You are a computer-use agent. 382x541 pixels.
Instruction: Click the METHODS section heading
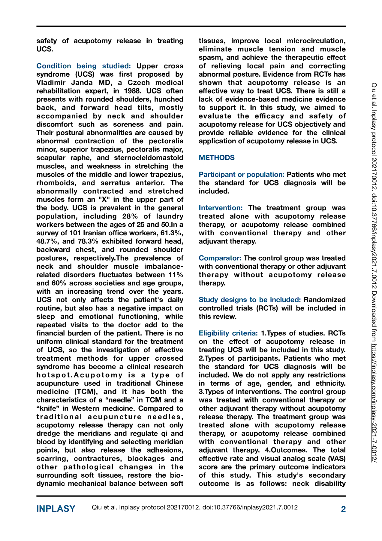(217, 158)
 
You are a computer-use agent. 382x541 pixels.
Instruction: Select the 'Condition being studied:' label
(83, 66)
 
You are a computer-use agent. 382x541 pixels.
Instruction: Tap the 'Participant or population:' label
(242, 175)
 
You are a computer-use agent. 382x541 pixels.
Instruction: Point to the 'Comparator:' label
(220, 258)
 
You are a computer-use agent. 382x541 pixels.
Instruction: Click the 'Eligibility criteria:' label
(228, 333)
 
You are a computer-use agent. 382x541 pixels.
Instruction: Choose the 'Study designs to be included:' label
(250, 300)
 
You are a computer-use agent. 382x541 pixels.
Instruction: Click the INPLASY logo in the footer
(56, 509)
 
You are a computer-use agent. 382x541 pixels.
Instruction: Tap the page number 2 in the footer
(343, 509)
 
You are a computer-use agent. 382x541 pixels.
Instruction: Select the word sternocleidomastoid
(149, 158)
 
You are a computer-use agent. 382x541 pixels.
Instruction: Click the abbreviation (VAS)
(336, 459)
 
